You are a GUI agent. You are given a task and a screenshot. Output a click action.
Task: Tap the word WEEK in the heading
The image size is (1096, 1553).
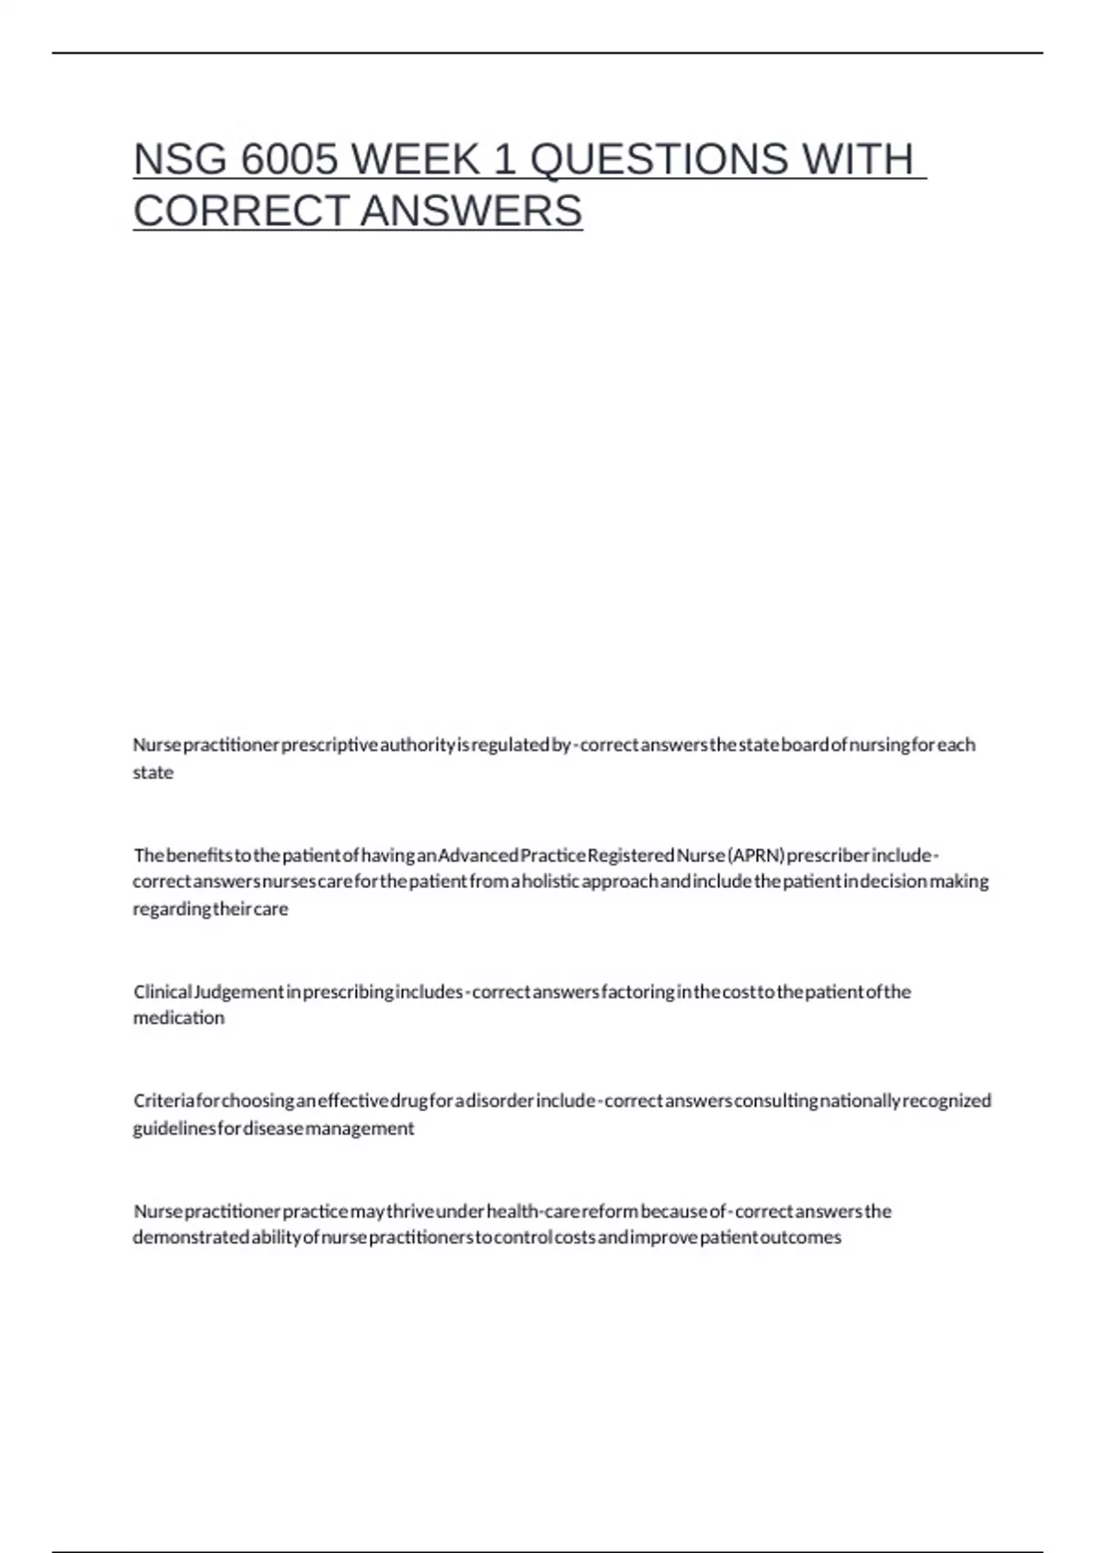click(416, 160)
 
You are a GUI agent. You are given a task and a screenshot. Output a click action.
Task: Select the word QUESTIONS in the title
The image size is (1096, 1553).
click(659, 160)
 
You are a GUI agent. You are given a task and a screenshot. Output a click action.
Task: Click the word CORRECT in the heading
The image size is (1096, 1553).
click(242, 211)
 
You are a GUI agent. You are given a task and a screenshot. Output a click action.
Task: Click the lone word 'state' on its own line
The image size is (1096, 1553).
click(153, 773)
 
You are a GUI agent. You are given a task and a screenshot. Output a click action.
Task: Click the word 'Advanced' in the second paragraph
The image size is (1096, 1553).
click(479, 855)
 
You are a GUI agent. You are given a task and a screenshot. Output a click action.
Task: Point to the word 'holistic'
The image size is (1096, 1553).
click(549, 882)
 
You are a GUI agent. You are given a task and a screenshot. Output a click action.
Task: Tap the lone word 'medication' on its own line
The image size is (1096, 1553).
click(179, 1018)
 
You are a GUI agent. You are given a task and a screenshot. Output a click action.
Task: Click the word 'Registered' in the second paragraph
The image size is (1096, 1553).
click(630, 855)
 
